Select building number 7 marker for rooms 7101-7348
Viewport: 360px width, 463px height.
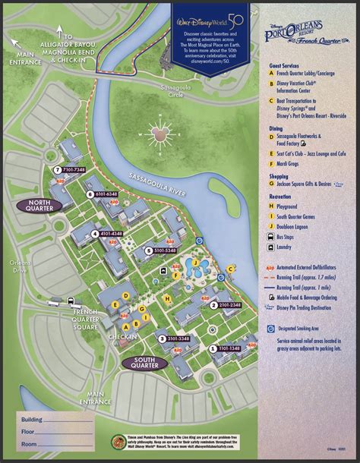click(x=58, y=169)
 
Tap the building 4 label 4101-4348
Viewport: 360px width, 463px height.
click(x=95, y=234)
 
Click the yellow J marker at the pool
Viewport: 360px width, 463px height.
click(x=196, y=263)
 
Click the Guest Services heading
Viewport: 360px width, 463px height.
click(x=283, y=67)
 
